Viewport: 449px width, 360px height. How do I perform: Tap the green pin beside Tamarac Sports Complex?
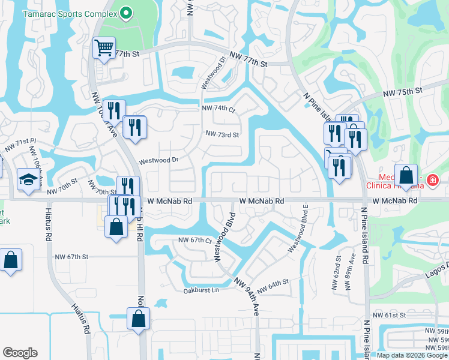click(125, 13)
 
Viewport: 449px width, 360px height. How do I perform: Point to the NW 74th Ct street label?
click(218, 109)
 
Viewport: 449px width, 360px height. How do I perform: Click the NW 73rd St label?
click(222, 134)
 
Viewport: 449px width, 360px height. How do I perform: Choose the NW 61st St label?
click(390, 314)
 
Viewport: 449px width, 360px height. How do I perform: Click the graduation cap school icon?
click(28, 180)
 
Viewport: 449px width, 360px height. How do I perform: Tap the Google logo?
click(20, 353)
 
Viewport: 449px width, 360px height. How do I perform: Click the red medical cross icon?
click(432, 179)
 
